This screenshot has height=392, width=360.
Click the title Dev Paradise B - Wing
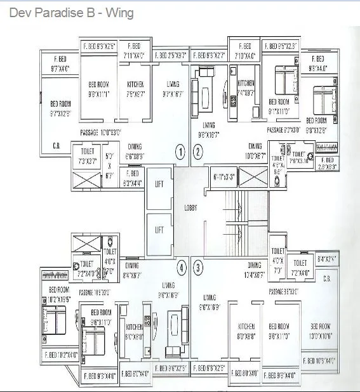coord(71,13)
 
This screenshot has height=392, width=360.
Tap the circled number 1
coord(180,152)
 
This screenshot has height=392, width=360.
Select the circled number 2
coord(197,152)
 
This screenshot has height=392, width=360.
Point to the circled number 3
coord(198,268)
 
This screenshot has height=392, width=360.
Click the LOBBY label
coord(190,207)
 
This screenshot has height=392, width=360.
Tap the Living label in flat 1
coord(171,88)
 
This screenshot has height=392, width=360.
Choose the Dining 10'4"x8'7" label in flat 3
coord(255,270)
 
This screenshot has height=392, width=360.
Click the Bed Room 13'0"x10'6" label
coord(321,330)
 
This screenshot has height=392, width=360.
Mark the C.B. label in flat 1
coord(57,145)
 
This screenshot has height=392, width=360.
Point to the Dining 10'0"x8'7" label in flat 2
coord(255,150)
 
